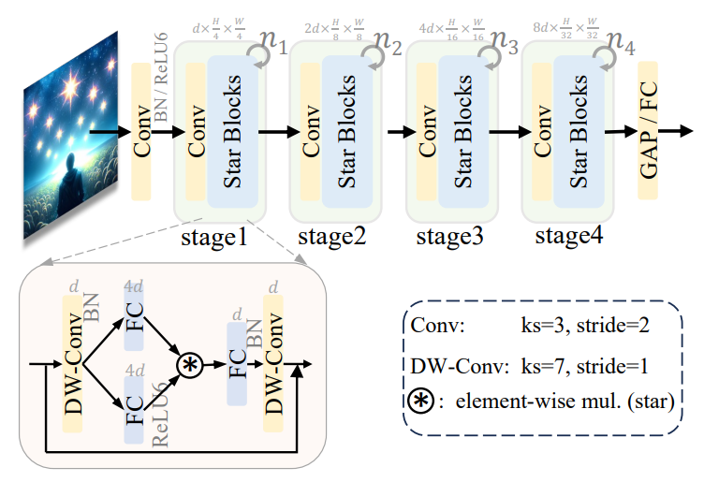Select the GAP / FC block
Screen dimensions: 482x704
[x=649, y=131]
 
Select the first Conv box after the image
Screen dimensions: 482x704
[x=141, y=132]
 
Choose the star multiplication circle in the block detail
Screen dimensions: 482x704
[x=191, y=364]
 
